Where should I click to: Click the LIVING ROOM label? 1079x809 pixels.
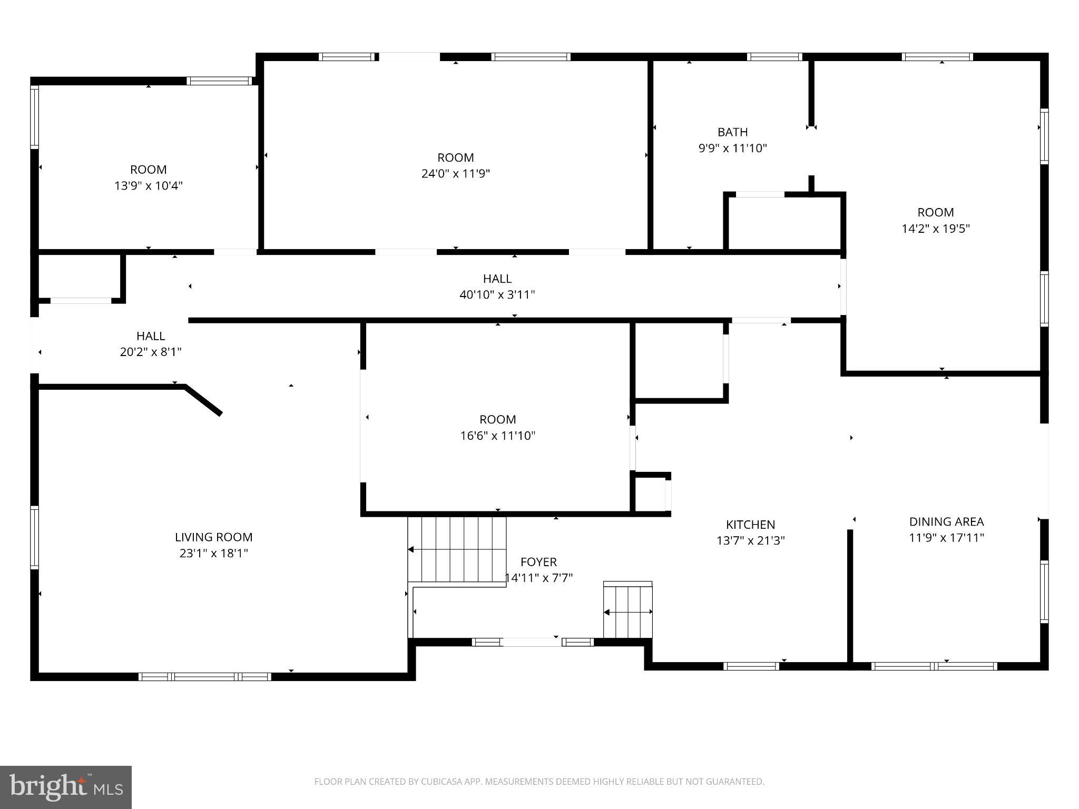[x=213, y=537]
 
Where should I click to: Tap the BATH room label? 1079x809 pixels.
[x=732, y=132]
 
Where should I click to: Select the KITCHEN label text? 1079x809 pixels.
[x=750, y=525]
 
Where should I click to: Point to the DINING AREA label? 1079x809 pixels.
[x=946, y=521]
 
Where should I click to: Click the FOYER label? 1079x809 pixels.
[x=538, y=562]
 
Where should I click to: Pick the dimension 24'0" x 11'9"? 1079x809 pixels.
[x=455, y=174]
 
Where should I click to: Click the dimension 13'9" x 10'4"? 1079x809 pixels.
[x=148, y=186]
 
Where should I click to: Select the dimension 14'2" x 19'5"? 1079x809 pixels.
[x=935, y=229]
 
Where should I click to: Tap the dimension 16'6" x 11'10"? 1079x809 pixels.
[x=497, y=436]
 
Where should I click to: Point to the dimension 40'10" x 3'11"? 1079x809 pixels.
[x=497, y=294]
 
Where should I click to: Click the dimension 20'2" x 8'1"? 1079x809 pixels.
[x=151, y=352]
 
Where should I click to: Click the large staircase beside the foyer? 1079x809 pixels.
[x=456, y=549]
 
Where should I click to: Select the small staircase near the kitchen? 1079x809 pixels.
[x=627, y=611]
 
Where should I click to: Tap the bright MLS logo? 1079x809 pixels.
[x=66, y=787]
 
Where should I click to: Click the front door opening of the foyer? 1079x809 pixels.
[x=531, y=642]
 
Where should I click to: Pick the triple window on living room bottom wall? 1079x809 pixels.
[x=205, y=677]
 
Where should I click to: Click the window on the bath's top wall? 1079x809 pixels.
[x=774, y=57]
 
